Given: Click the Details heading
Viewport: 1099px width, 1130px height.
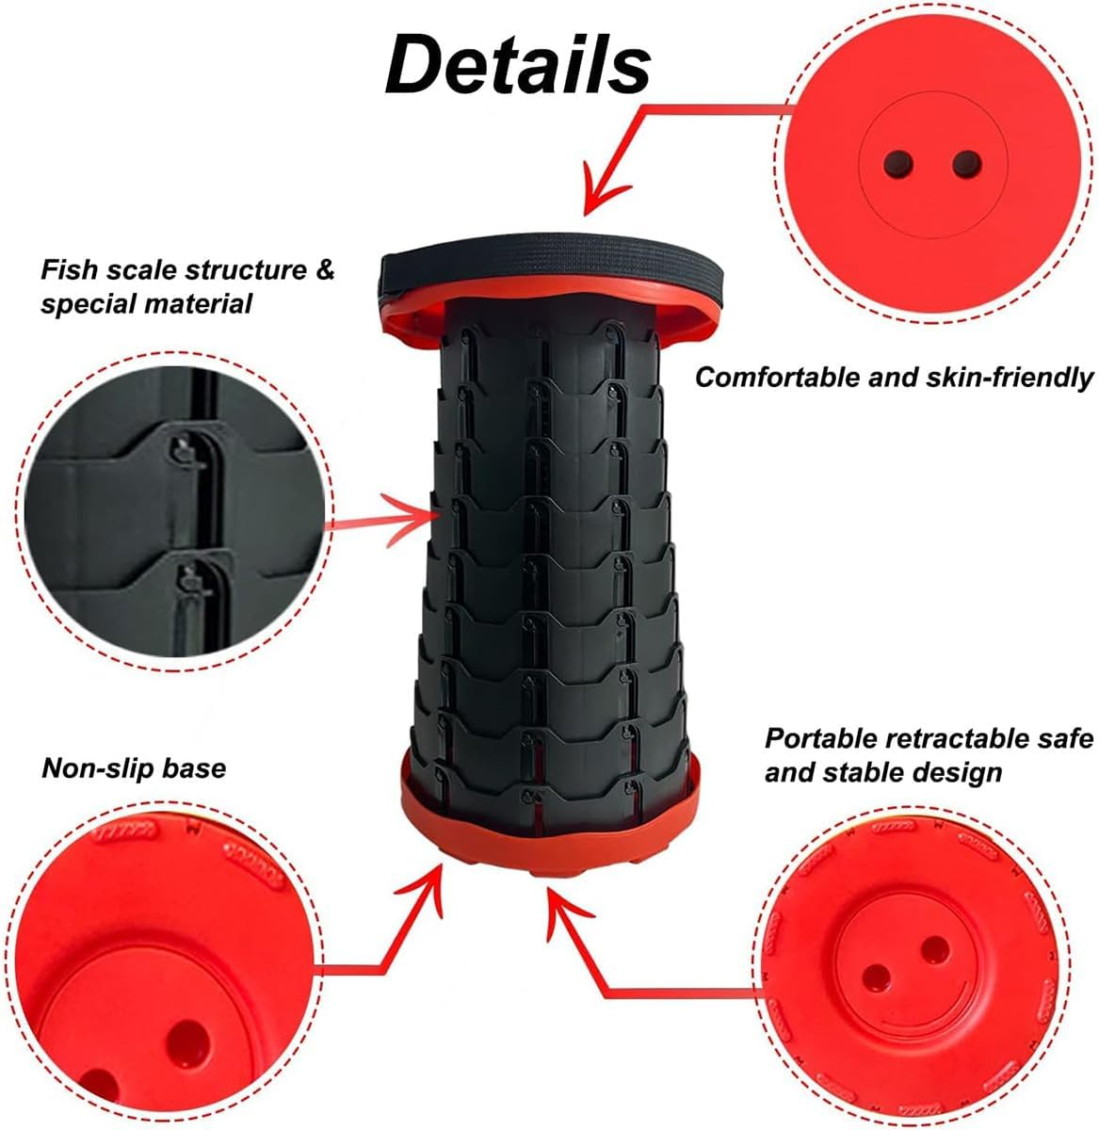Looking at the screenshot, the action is [x=518, y=64].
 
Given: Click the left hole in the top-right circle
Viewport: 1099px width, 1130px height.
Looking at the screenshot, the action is [x=898, y=165].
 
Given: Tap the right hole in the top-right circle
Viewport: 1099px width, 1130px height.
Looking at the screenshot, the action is [x=967, y=165].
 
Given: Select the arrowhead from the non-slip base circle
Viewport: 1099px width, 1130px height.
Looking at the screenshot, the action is [x=427, y=887].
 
